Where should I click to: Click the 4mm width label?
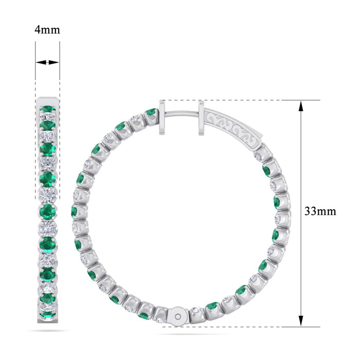pyautogui.click(x=47, y=30)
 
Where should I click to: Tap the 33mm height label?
pyautogui.click(x=320, y=211)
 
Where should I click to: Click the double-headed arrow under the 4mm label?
pyautogui.click(x=47, y=62)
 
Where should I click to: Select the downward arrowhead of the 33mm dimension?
pyautogui.click(x=301, y=320)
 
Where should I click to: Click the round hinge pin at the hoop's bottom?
pyautogui.click(x=178, y=317)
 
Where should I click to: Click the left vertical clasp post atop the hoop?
pyautogui.click(x=162, y=118)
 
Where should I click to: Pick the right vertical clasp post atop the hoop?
pyautogui.click(x=202, y=118)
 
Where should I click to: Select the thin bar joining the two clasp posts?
pyautogui.click(x=182, y=114)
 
